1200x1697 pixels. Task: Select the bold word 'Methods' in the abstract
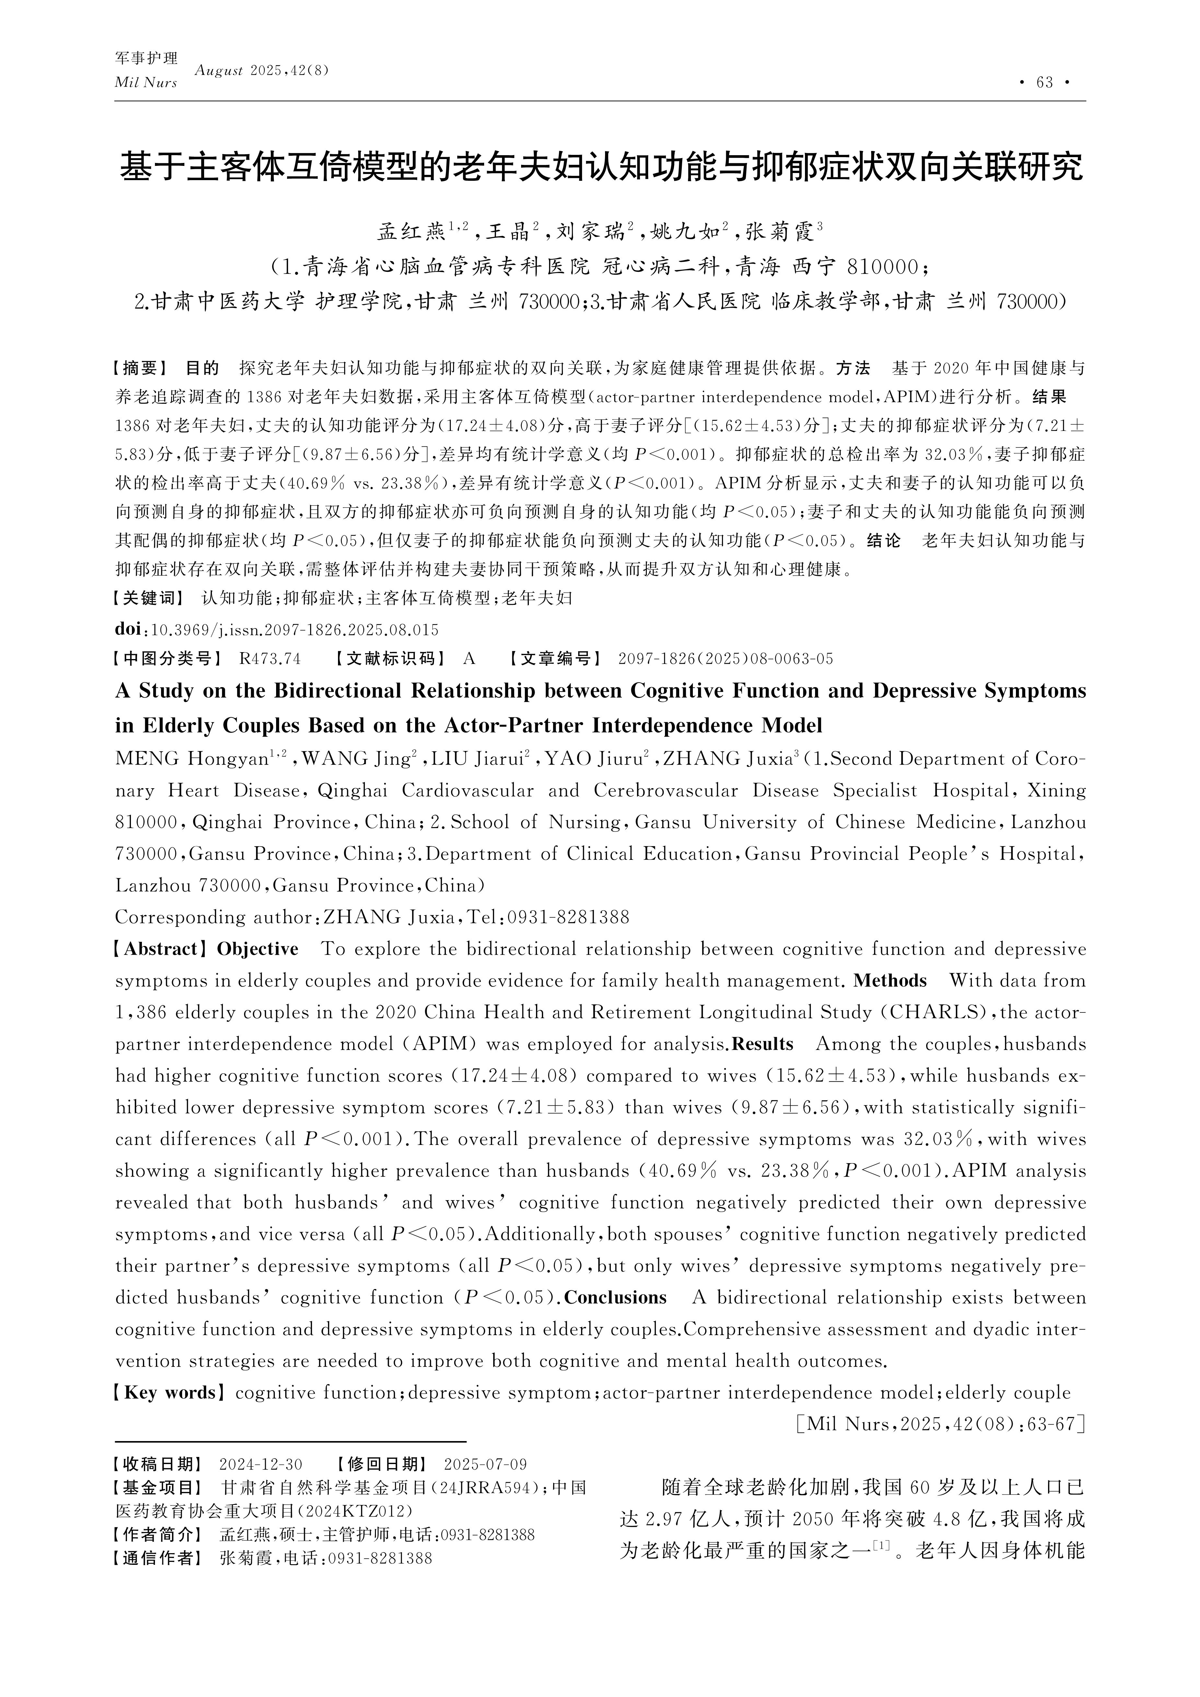[890, 981]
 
